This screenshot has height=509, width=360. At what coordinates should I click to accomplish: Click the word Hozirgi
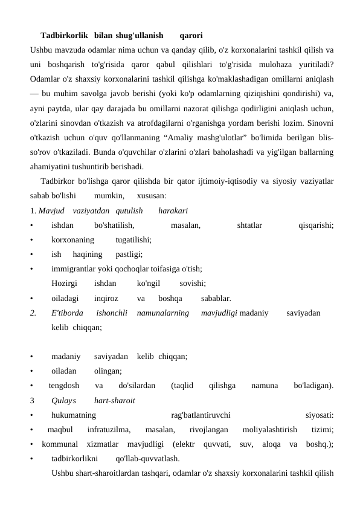point(64,284)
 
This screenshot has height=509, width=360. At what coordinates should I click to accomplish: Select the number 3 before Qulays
point(32,400)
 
